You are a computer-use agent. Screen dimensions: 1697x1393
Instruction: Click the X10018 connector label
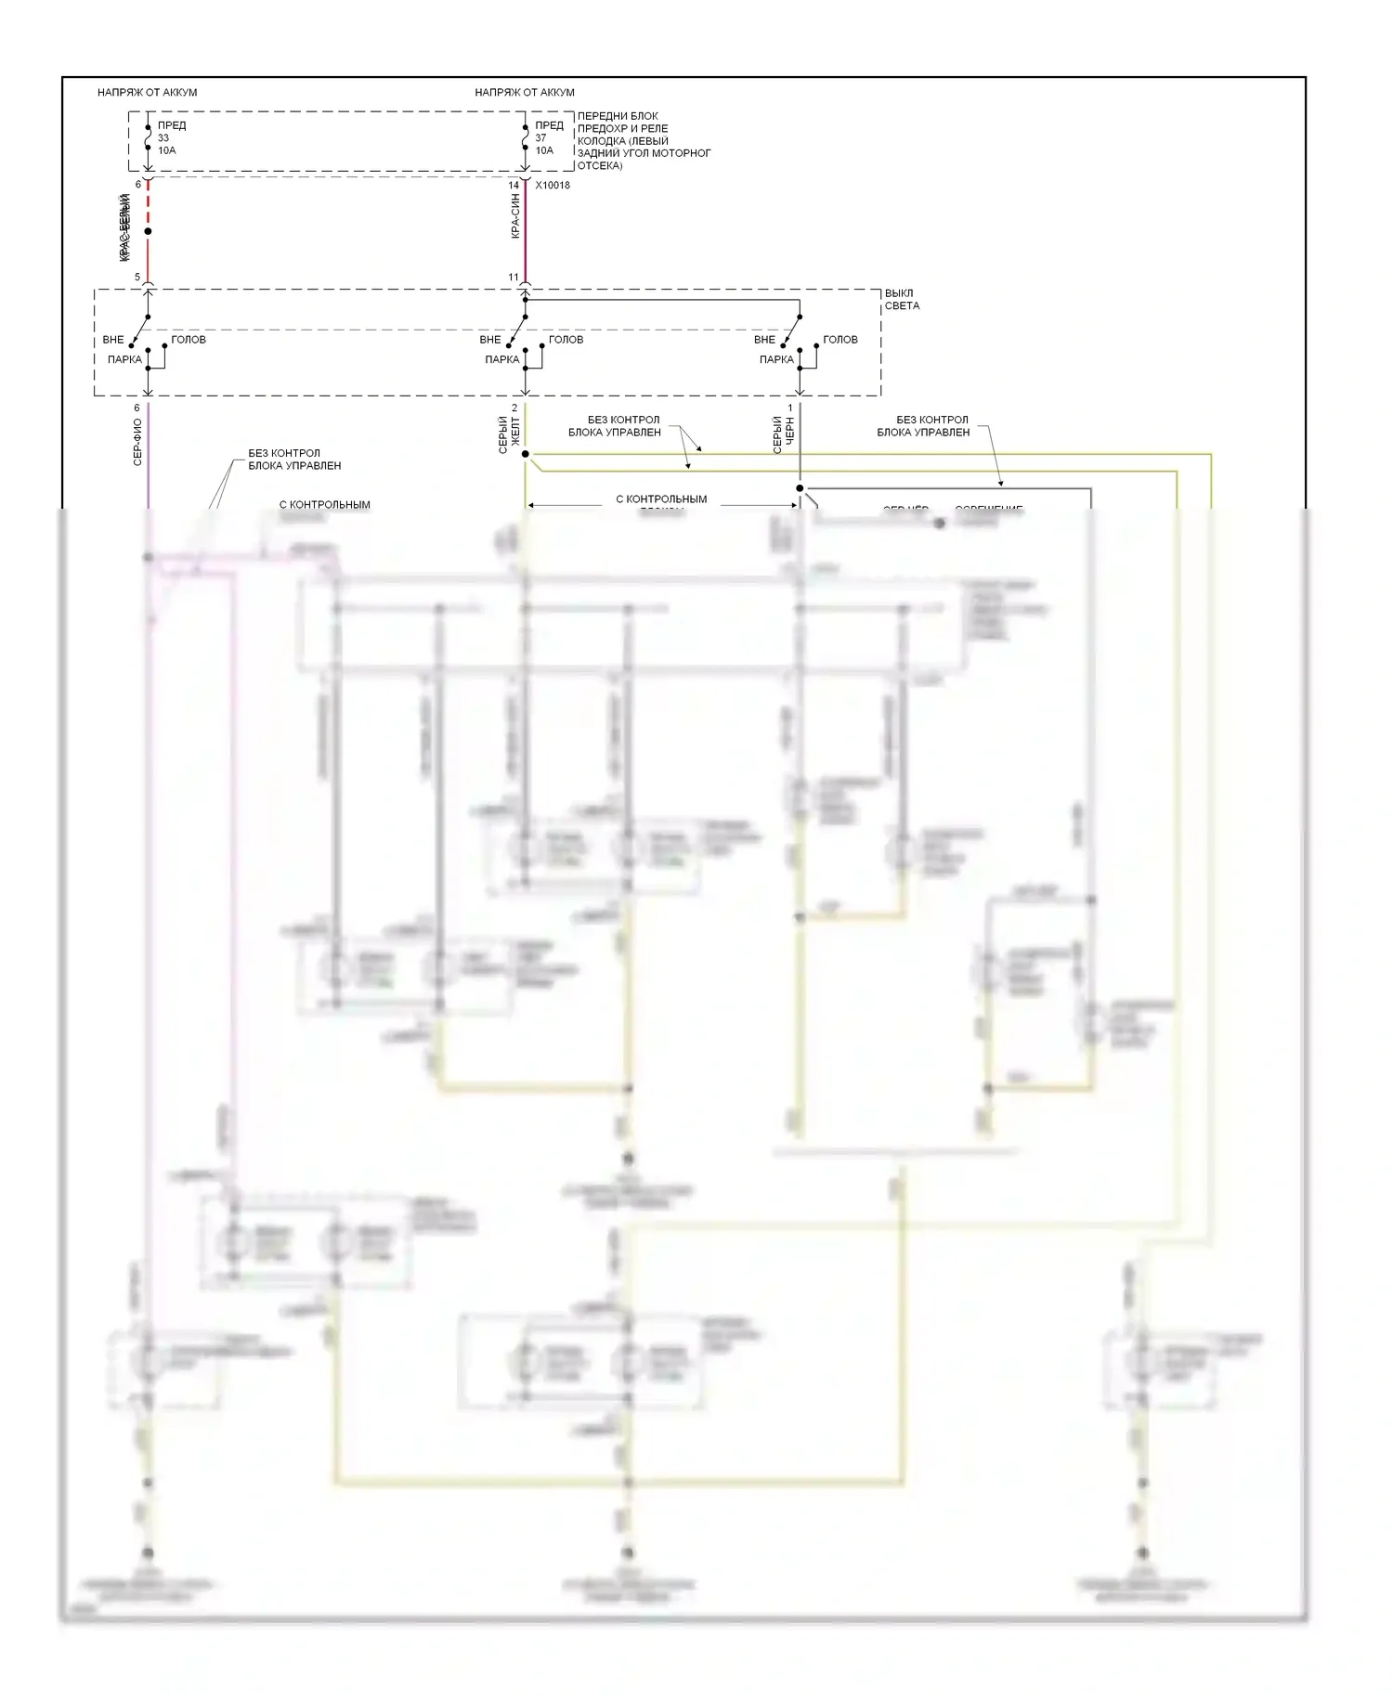(553, 186)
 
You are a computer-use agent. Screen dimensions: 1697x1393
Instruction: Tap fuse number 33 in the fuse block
(163, 137)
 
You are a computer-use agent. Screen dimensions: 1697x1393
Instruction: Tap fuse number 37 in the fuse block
(540, 137)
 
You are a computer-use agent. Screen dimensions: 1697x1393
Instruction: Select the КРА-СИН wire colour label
(514, 217)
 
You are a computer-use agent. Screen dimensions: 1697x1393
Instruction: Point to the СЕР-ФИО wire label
(137, 442)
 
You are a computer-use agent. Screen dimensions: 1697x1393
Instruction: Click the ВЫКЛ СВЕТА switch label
(902, 299)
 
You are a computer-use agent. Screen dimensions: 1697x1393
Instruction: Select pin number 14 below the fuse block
(514, 186)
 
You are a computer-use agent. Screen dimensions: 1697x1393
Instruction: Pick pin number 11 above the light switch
(514, 278)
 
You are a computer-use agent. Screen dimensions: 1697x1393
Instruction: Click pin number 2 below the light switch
(514, 408)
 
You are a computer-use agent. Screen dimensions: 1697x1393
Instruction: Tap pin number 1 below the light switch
(790, 408)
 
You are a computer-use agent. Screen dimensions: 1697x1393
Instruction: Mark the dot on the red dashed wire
(148, 231)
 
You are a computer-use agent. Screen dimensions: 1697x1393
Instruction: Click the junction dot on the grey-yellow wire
(525, 454)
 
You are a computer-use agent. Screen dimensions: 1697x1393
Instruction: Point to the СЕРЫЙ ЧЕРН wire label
(784, 434)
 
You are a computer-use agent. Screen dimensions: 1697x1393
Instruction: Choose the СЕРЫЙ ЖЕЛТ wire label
(509, 434)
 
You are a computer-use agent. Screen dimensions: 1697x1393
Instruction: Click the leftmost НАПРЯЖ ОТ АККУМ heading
(147, 92)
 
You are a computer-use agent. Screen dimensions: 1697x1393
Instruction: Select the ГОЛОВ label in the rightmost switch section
(840, 340)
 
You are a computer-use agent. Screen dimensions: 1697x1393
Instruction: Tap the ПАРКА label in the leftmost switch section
(124, 359)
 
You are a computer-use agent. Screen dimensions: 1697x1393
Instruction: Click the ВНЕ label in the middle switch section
(489, 340)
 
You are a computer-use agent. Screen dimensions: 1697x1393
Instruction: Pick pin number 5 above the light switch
(137, 278)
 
